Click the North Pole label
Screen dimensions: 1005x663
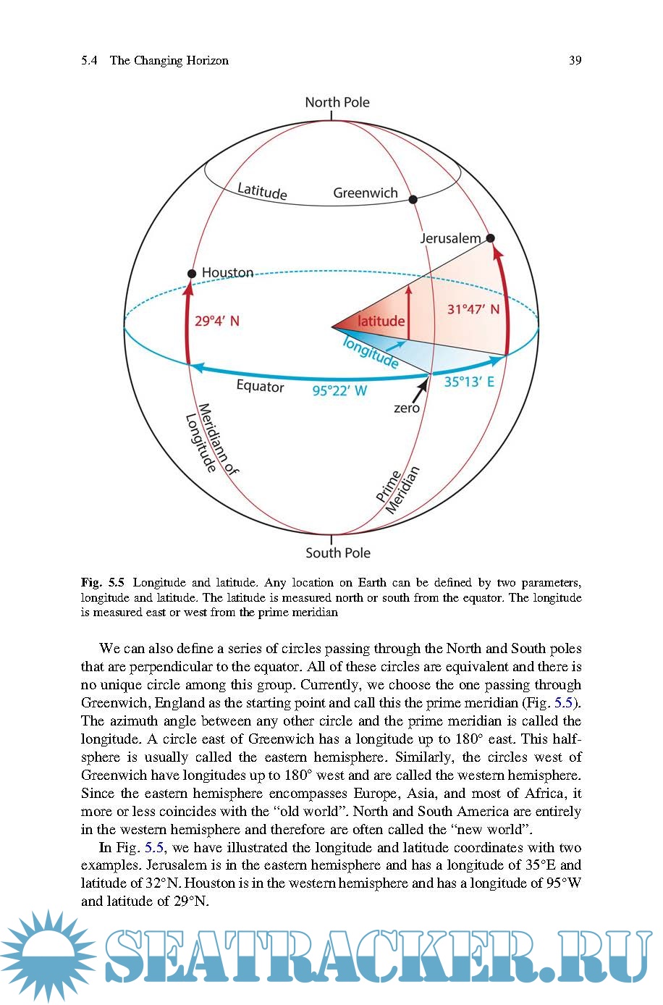coord(337,102)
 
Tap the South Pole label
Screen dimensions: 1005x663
coord(337,553)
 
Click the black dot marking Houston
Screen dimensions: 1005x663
coord(192,274)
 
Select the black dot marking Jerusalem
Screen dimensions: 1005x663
coord(490,238)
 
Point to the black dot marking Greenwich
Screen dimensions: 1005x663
coord(413,199)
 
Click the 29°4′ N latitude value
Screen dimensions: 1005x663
coord(216,321)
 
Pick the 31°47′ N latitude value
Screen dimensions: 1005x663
coord(473,309)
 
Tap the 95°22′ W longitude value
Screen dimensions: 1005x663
coord(339,391)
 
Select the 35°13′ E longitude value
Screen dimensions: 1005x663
coord(469,382)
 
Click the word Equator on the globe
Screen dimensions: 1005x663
coord(260,387)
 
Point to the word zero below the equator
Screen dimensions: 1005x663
coord(406,408)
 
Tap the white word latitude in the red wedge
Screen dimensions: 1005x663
coord(381,321)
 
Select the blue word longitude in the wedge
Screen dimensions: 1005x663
coord(371,352)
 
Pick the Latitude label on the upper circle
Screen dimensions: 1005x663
coord(262,191)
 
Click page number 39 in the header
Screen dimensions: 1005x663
coord(575,61)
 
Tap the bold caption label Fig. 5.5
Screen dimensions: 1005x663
coord(103,583)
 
